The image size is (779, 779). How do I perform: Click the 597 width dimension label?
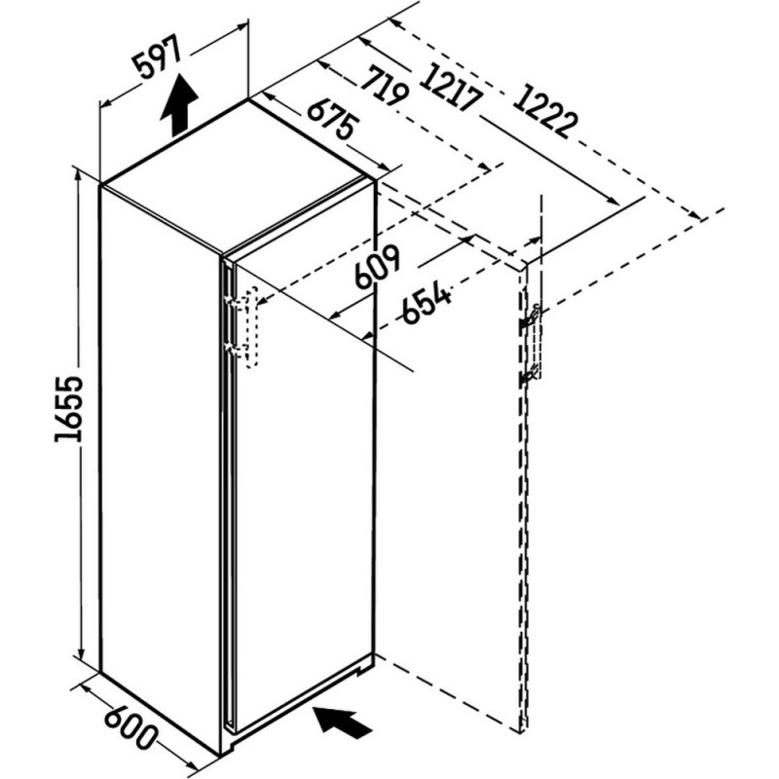[x=158, y=59]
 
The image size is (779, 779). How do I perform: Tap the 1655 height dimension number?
[x=68, y=409]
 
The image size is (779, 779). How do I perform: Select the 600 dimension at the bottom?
[x=131, y=726]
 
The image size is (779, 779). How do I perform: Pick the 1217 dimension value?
[x=451, y=86]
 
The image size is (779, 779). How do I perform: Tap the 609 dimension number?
[x=377, y=267]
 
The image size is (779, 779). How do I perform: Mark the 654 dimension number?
[x=427, y=304]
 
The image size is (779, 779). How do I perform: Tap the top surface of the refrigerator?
[x=237, y=177]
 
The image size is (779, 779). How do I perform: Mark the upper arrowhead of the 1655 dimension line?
[x=77, y=176]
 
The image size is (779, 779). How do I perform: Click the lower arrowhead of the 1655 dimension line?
[x=80, y=653]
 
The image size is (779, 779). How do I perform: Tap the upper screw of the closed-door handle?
[x=231, y=301]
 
